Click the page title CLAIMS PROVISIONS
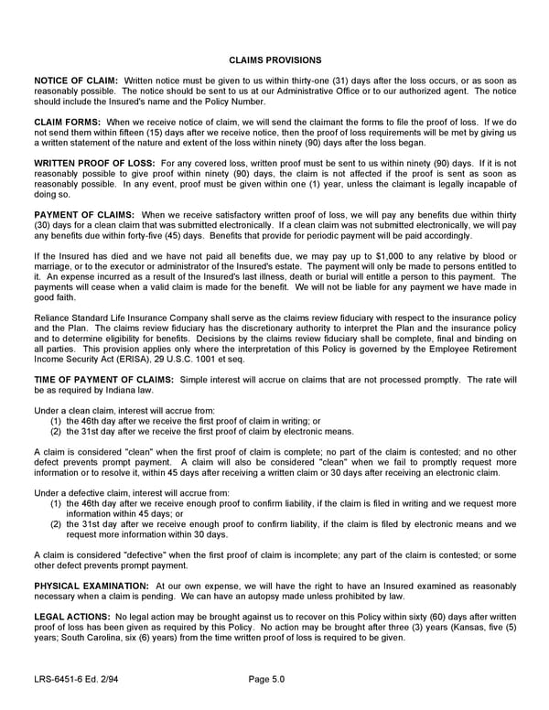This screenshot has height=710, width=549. click(x=274, y=59)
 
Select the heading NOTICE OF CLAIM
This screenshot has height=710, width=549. click(x=76, y=81)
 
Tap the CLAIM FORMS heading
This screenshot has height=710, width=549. click(x=68, y=122)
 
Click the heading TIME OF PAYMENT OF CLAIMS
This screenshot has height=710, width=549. click(x=103, y=379)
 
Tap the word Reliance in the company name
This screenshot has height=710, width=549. click(x=52, y=317)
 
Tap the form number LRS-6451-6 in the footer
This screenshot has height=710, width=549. click(x=60, y=679)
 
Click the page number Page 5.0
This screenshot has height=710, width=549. click(x=269, y=679)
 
